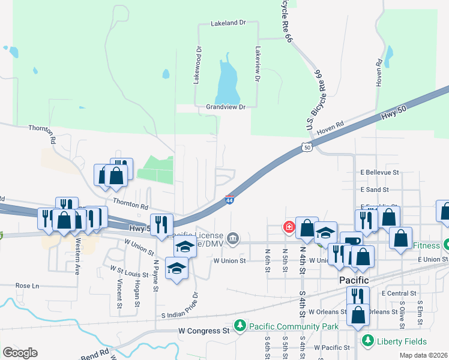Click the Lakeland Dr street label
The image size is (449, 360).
tap(228, 23)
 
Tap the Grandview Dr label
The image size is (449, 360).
tap(226, 107)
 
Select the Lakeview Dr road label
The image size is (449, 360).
tap(258, 64)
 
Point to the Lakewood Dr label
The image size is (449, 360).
tap(196, 65)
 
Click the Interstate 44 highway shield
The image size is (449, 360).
tap(229, 199)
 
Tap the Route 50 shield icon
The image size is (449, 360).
tap(307, 146)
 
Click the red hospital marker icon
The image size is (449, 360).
tap(289, 227)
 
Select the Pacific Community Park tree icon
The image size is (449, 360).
tap(240, 326)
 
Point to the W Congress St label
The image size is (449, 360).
tap(204, 331)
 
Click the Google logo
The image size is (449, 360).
tap(20, 353)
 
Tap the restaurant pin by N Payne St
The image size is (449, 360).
tap(161, 224)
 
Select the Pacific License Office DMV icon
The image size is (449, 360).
tap(233, 239)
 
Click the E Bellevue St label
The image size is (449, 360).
tap(380, 172)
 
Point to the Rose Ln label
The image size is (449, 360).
tap(26, 286)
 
